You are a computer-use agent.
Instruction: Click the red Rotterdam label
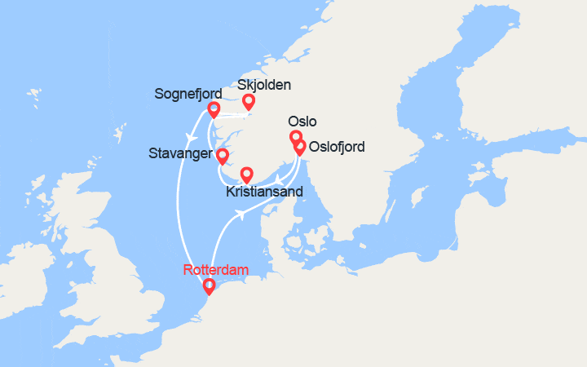click(x=216, y=269)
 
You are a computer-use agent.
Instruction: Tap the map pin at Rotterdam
click(x=209, y=285)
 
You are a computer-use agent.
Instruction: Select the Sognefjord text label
click(x=188, y=95)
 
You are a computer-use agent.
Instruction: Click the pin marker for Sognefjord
click(x=214, y=109)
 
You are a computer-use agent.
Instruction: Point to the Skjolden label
click(x=263, y=85)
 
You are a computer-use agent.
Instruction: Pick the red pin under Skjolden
click(x=248, y=102)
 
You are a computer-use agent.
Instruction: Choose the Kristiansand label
click(x=265, y=192)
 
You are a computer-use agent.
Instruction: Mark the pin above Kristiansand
click(x=247, y=174)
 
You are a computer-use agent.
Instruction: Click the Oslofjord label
click(x=336, y=148)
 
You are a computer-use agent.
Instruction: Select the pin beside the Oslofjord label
click(x=300, y=147)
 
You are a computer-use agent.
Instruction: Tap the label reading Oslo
click(x=302, y=120)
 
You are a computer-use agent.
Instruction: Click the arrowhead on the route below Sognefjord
click(x=189, y=135)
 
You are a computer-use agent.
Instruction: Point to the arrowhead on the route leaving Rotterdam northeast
click(x=241, y=214)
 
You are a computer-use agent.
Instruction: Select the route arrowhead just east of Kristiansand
click(x=279, y=178)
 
